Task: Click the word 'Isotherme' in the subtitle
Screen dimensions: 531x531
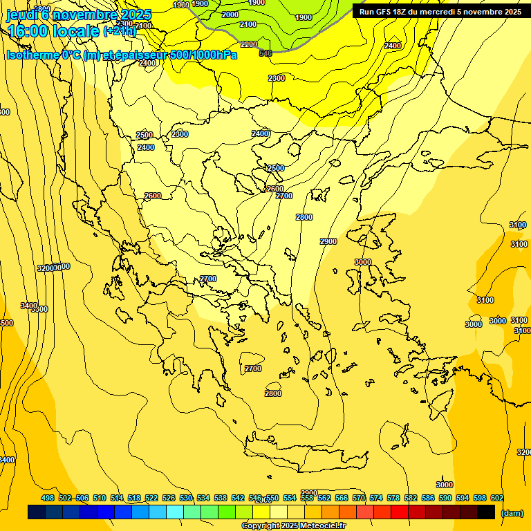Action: click(x=34, y=55)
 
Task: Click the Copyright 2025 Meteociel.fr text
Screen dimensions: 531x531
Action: click(x=293, y=526)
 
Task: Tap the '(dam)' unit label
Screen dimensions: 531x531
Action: click(x=512, y=512)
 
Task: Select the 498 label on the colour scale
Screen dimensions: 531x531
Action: click(x=48, y=499)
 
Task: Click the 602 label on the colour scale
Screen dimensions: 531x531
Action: click(x=496, y=499)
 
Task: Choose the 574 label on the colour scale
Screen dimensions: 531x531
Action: click(x=376, y=499)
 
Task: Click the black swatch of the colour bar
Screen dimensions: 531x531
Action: click(x=486, y=512)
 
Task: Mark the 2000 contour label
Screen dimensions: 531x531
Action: click(x=230, y=15)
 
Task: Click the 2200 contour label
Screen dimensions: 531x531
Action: click(x=249, y=44)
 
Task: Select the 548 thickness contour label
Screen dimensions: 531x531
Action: click(x=265, y=53)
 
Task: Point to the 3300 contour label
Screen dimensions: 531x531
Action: click(x=40, y=309)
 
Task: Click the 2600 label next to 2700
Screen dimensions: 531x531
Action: click(x=274, y=189)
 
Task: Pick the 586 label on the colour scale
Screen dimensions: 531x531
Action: click(x=428, y=499)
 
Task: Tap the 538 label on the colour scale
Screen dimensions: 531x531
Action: click(x=221, y=499)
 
